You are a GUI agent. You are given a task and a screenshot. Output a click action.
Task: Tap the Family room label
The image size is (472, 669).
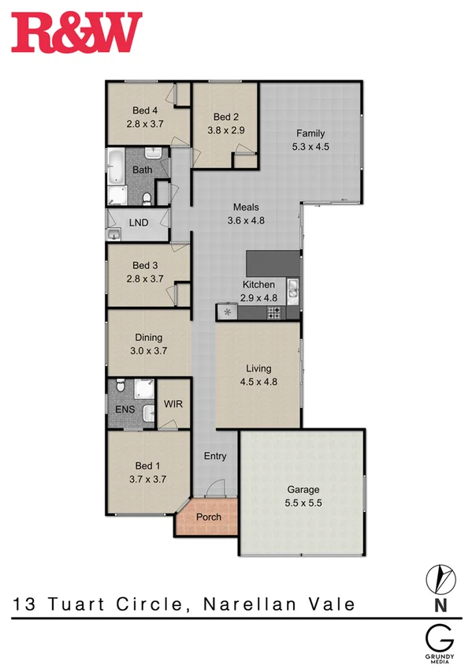coord(310,133)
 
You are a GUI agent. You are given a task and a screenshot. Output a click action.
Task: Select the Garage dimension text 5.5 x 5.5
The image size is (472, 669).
coord(303,501)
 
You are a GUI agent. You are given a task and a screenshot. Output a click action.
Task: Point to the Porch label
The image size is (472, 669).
coord(208,518)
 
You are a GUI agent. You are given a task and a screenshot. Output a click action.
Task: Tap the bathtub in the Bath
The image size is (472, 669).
coord(116,168)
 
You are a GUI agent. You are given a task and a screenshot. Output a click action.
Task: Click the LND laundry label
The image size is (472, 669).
coord(138,223)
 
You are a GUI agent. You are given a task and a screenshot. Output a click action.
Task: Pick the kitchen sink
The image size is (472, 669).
coord(293,290)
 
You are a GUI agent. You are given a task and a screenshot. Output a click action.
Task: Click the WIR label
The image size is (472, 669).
coord(173,404)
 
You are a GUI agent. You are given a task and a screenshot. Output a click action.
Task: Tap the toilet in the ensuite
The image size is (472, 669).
coord(118,387)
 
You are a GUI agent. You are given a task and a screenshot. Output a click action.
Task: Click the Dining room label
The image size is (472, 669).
coord(148,338)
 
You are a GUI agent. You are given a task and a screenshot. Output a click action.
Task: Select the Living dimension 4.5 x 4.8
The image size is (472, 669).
coord(258,381)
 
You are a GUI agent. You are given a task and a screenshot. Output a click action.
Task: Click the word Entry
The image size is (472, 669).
coord(215,456)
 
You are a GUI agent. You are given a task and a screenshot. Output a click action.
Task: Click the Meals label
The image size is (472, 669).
coord(246,207)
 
